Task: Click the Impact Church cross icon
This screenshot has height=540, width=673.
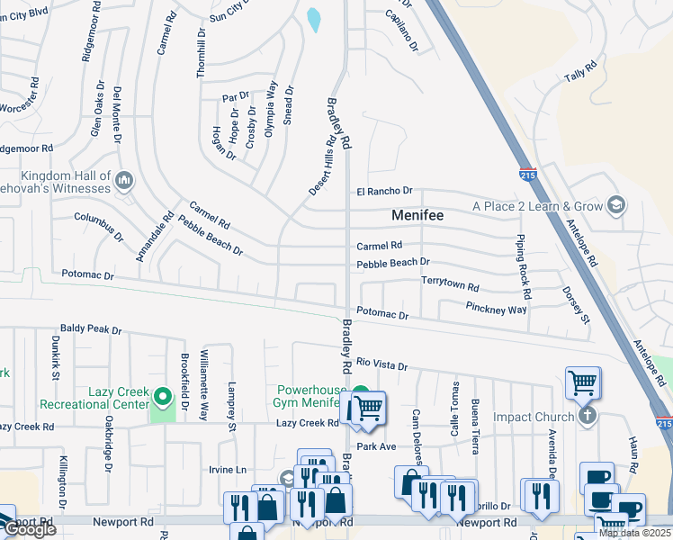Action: click(588, 417)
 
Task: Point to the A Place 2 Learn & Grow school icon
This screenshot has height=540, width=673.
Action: click(615, 206)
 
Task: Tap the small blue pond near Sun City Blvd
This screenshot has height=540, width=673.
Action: click(313, 20)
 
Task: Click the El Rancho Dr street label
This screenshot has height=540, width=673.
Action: click(383, 191)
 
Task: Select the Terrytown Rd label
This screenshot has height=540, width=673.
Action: click(450, 283)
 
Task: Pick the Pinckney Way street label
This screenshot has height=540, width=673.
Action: click(496, 309)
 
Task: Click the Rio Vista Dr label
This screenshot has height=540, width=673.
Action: click(381, 364)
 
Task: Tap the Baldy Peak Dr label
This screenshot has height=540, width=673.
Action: click(91, 330)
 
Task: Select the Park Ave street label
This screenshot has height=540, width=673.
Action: click(376, 446)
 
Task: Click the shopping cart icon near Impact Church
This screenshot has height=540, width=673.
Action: click(582, 383)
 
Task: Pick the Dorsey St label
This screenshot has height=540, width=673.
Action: click(574, 305)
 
